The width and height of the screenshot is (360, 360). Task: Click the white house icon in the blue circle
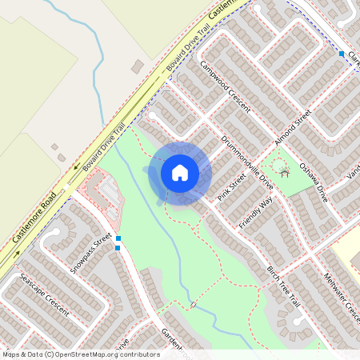click(x=179, y=173)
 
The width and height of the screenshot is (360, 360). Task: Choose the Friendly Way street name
click(x=255, y=213)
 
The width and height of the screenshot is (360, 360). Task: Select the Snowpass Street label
click(x=89, y=253)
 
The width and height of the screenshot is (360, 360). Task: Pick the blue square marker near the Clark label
click(x=342, y=54)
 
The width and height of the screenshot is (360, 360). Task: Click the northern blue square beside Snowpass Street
click(x=118, y=238)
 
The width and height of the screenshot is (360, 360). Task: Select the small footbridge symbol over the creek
click(x=193, y=305)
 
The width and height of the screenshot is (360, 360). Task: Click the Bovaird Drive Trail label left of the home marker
click(x=105, y=147)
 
